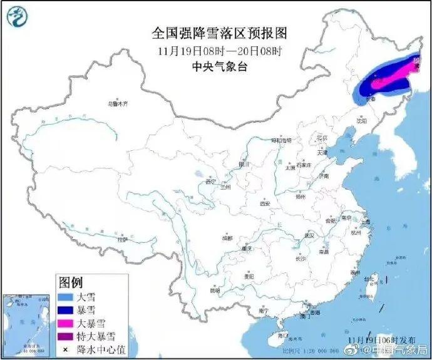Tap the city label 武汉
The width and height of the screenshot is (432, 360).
[308, 235]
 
